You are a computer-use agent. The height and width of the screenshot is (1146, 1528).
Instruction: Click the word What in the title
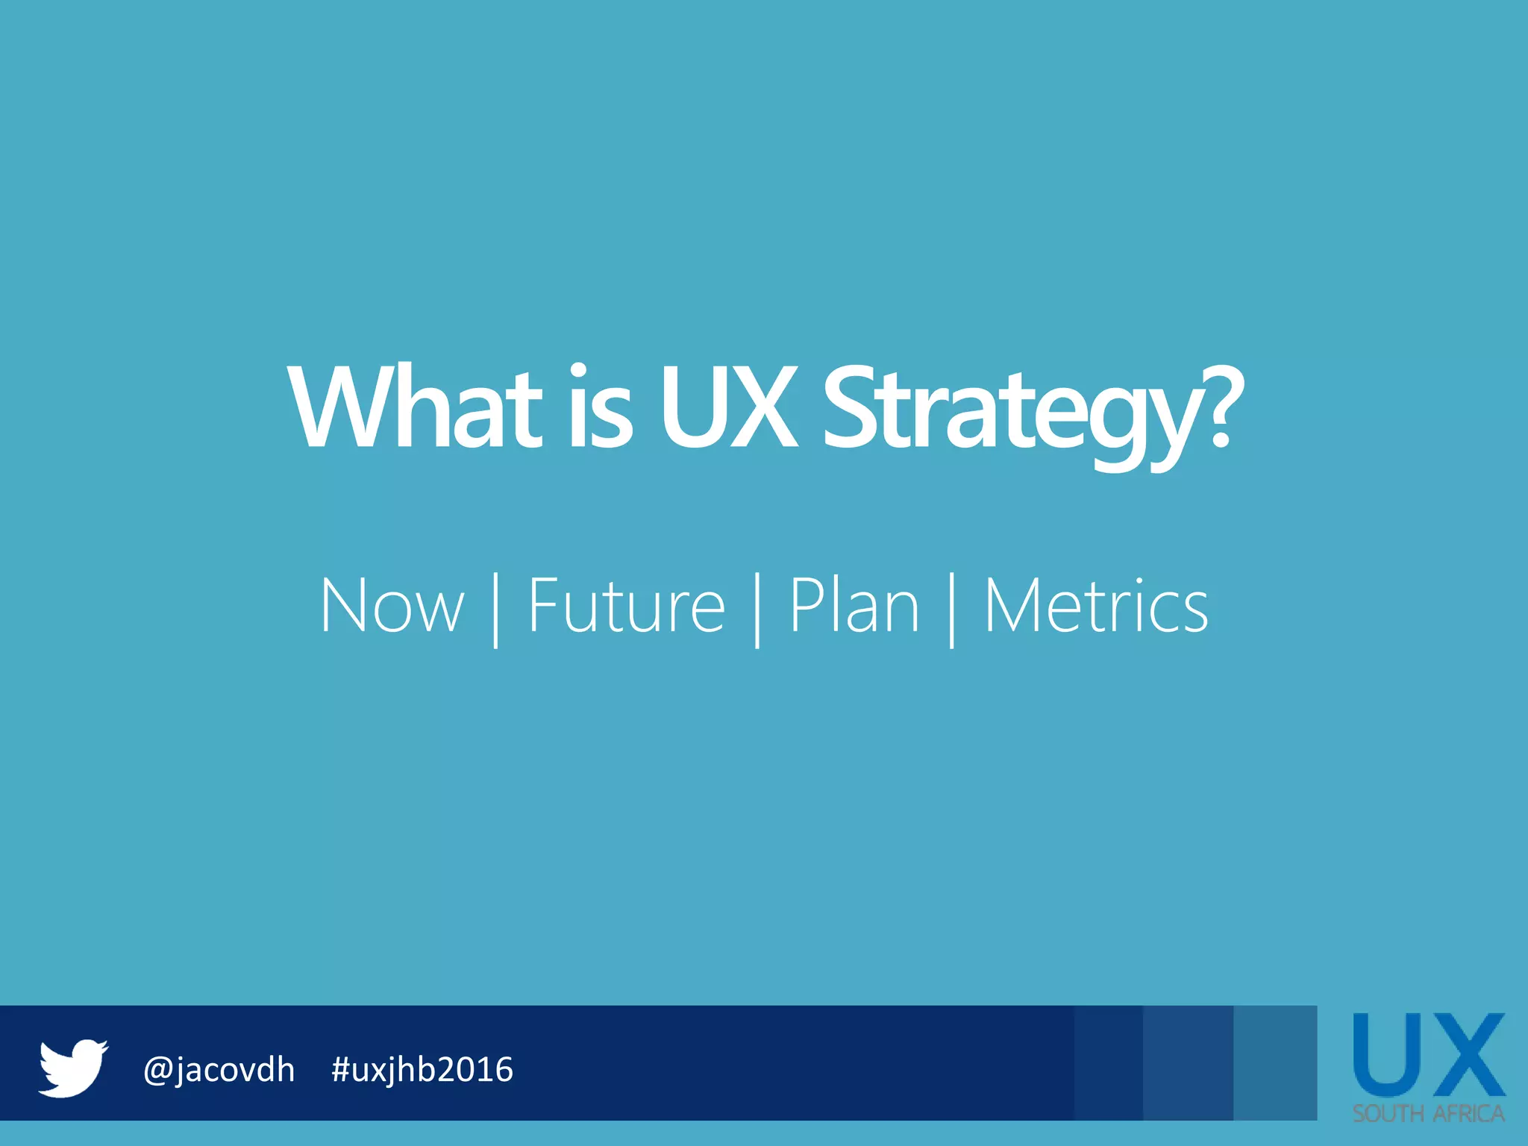click(x=415, y=408)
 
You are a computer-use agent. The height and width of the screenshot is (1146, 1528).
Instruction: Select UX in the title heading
click(x=728, y=408)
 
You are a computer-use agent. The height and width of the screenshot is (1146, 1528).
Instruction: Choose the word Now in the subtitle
click(x=392, y=607)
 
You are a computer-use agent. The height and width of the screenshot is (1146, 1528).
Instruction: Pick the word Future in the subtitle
click(x=626, y=607)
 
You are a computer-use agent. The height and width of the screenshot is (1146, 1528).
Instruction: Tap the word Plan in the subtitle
click(x=854, y=607)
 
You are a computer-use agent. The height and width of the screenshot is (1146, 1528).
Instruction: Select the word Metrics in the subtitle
click(x=1095, y=607)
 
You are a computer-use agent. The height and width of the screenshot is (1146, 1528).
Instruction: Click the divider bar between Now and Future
click(x=496, y=610)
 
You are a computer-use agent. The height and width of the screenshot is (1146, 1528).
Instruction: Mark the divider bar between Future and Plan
click(x=757, y=610)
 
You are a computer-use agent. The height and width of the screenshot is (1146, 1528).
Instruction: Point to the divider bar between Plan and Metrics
click(x=952, y=610)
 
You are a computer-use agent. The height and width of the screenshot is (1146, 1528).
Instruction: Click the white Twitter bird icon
click(x=73, y=1068)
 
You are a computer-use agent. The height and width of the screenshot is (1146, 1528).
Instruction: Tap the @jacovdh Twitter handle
click(x=219, y=1070)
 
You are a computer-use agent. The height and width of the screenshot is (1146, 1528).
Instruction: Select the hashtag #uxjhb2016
click(x=422, y=1070)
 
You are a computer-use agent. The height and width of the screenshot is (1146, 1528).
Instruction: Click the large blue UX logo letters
click(x=1429, y=1055)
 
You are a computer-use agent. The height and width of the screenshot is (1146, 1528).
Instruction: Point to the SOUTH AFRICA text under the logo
click(x=1429, y=1114)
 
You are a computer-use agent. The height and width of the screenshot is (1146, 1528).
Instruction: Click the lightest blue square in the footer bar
click(x=1275, y=1062)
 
